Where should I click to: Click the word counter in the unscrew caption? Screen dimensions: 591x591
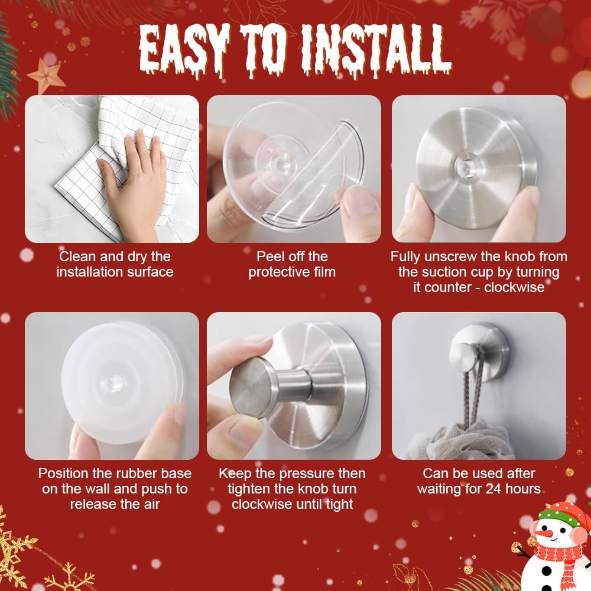pyautogui.click(x=449, y=288)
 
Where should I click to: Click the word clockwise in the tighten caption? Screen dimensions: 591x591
pyautogui.click(x=260, y=504)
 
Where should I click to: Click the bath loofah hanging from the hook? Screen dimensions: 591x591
pyautogui.click(x=467, y=443)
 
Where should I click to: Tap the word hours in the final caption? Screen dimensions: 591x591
pyautogui.click(x=521, y=489)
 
